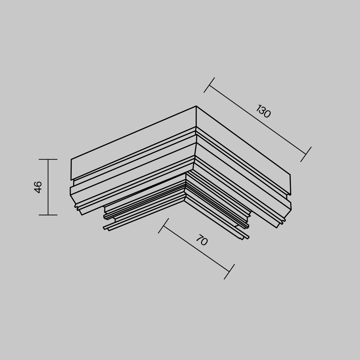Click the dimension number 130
point(264,111)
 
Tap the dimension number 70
point(202,240)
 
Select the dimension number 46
point(38,187)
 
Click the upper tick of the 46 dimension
point(48,159)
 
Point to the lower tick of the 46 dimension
point(48,215)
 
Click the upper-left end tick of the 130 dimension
point(209,85)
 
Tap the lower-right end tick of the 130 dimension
point(306,154)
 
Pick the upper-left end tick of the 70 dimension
point(163,226)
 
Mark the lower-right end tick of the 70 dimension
point(229,271)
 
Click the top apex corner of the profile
point(196,106)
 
